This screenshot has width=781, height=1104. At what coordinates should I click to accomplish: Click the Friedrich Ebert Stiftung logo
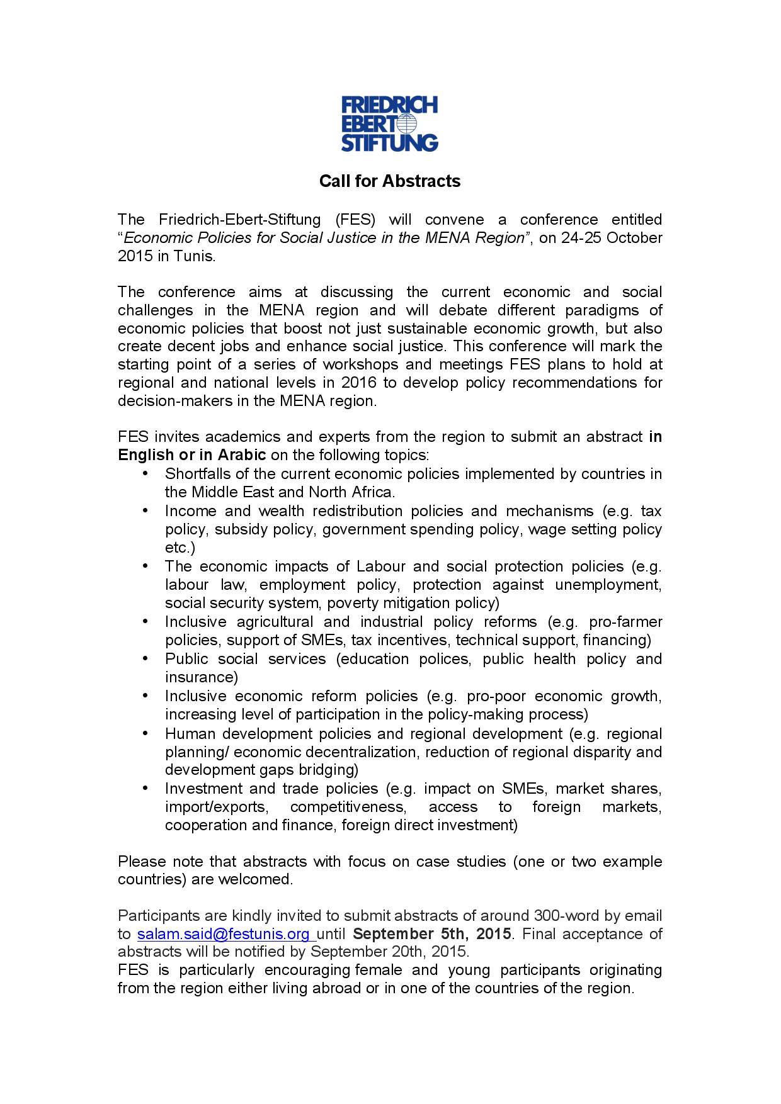pyautogui.click(x=389, y=123)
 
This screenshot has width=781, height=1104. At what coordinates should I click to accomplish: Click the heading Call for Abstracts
pyautogui.click(x=390, y=181)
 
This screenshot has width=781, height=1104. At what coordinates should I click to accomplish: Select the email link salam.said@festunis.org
pyautogui.click(x=224, y=933)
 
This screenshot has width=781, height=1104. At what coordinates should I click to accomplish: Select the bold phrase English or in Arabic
pyautogui.click(x=191, y=455)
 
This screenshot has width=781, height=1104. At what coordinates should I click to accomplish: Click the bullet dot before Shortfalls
pyautogui.click(x=146, y=473)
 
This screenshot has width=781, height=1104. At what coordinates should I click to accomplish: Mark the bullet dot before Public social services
pyautogui.click(x=146, y=658)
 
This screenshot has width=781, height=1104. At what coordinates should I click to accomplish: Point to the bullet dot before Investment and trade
pyautogui.click(x=146, y=788)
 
